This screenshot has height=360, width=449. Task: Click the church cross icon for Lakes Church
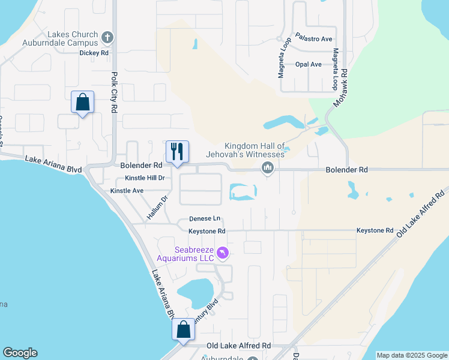click(107, 38)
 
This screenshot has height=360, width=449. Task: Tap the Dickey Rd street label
click(94, 53)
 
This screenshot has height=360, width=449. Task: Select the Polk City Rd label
click(114, 93)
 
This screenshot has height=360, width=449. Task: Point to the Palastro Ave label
click(313, 39)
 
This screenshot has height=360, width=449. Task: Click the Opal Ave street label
click(309, 64)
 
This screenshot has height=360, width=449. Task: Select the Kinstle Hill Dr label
click(145, 178)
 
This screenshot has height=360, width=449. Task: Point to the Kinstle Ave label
click(127, 191)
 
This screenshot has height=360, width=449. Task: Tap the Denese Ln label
click(205, 219)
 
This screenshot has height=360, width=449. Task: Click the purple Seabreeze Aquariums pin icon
click(223, 254)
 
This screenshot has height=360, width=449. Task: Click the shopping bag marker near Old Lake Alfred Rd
click(183, 329)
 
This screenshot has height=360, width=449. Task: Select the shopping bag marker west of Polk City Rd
click(82, 103)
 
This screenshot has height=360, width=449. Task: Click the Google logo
click(20, 353)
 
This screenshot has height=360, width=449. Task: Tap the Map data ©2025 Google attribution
click(412, 355)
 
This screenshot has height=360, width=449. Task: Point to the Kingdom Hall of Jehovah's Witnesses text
click(254, 150)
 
